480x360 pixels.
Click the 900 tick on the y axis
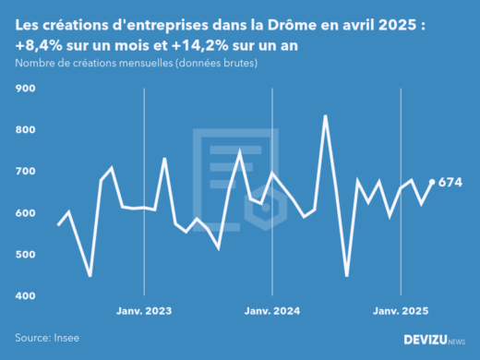pos(24,89)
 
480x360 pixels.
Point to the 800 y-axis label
pos(24,130)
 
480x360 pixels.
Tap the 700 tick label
pos(24,172)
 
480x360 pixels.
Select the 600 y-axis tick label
pos(24,213)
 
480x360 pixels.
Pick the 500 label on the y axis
pos(24,255)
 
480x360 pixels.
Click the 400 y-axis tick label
pos(24,296)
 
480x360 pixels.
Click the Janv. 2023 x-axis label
pos(144,312)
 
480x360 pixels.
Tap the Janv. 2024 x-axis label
pos(272,312)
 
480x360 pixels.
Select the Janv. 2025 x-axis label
pos(401,312)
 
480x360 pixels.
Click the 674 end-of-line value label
pos(450,182)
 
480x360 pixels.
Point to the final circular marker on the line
pos(433,182)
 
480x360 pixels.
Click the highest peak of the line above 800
pos(325,116)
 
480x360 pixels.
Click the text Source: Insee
pos(45,338)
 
